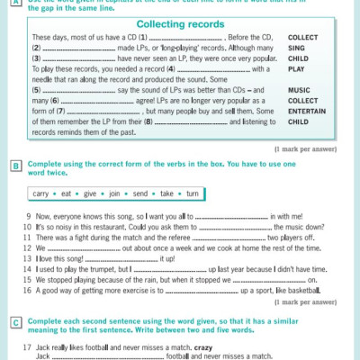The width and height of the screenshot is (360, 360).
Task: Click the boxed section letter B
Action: coord(15,166)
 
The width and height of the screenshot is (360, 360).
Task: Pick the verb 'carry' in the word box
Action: coord(40,193)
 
